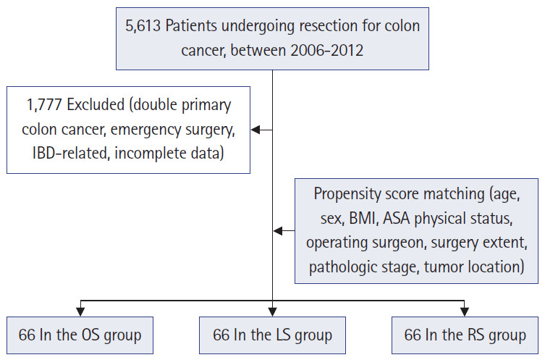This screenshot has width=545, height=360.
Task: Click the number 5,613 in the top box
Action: [x=143, y=26]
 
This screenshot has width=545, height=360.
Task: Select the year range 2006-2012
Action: [x=326, y=51]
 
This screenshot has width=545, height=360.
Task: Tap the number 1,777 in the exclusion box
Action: [x=44, y=105]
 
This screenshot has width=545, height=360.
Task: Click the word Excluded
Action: [x=96, y=104]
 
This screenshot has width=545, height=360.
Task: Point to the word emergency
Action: [x=146, y=130]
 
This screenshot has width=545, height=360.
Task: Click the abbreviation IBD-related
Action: [x=70, y=153]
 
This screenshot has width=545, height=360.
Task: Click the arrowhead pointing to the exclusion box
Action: [x=255, y=130]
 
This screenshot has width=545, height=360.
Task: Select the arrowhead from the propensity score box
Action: [x=278, y=230]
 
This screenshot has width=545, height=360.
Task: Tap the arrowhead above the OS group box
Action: [x=80, y=311]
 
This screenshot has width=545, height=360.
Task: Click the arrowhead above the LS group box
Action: [x=272, y=311]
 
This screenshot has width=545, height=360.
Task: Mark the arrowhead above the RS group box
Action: [x=465, y=311]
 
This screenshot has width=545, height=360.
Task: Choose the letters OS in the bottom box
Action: [x=90, y=335]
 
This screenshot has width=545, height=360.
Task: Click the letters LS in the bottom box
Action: [x=283, y=335]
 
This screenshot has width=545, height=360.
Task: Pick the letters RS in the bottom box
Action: [x=476, y=335]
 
